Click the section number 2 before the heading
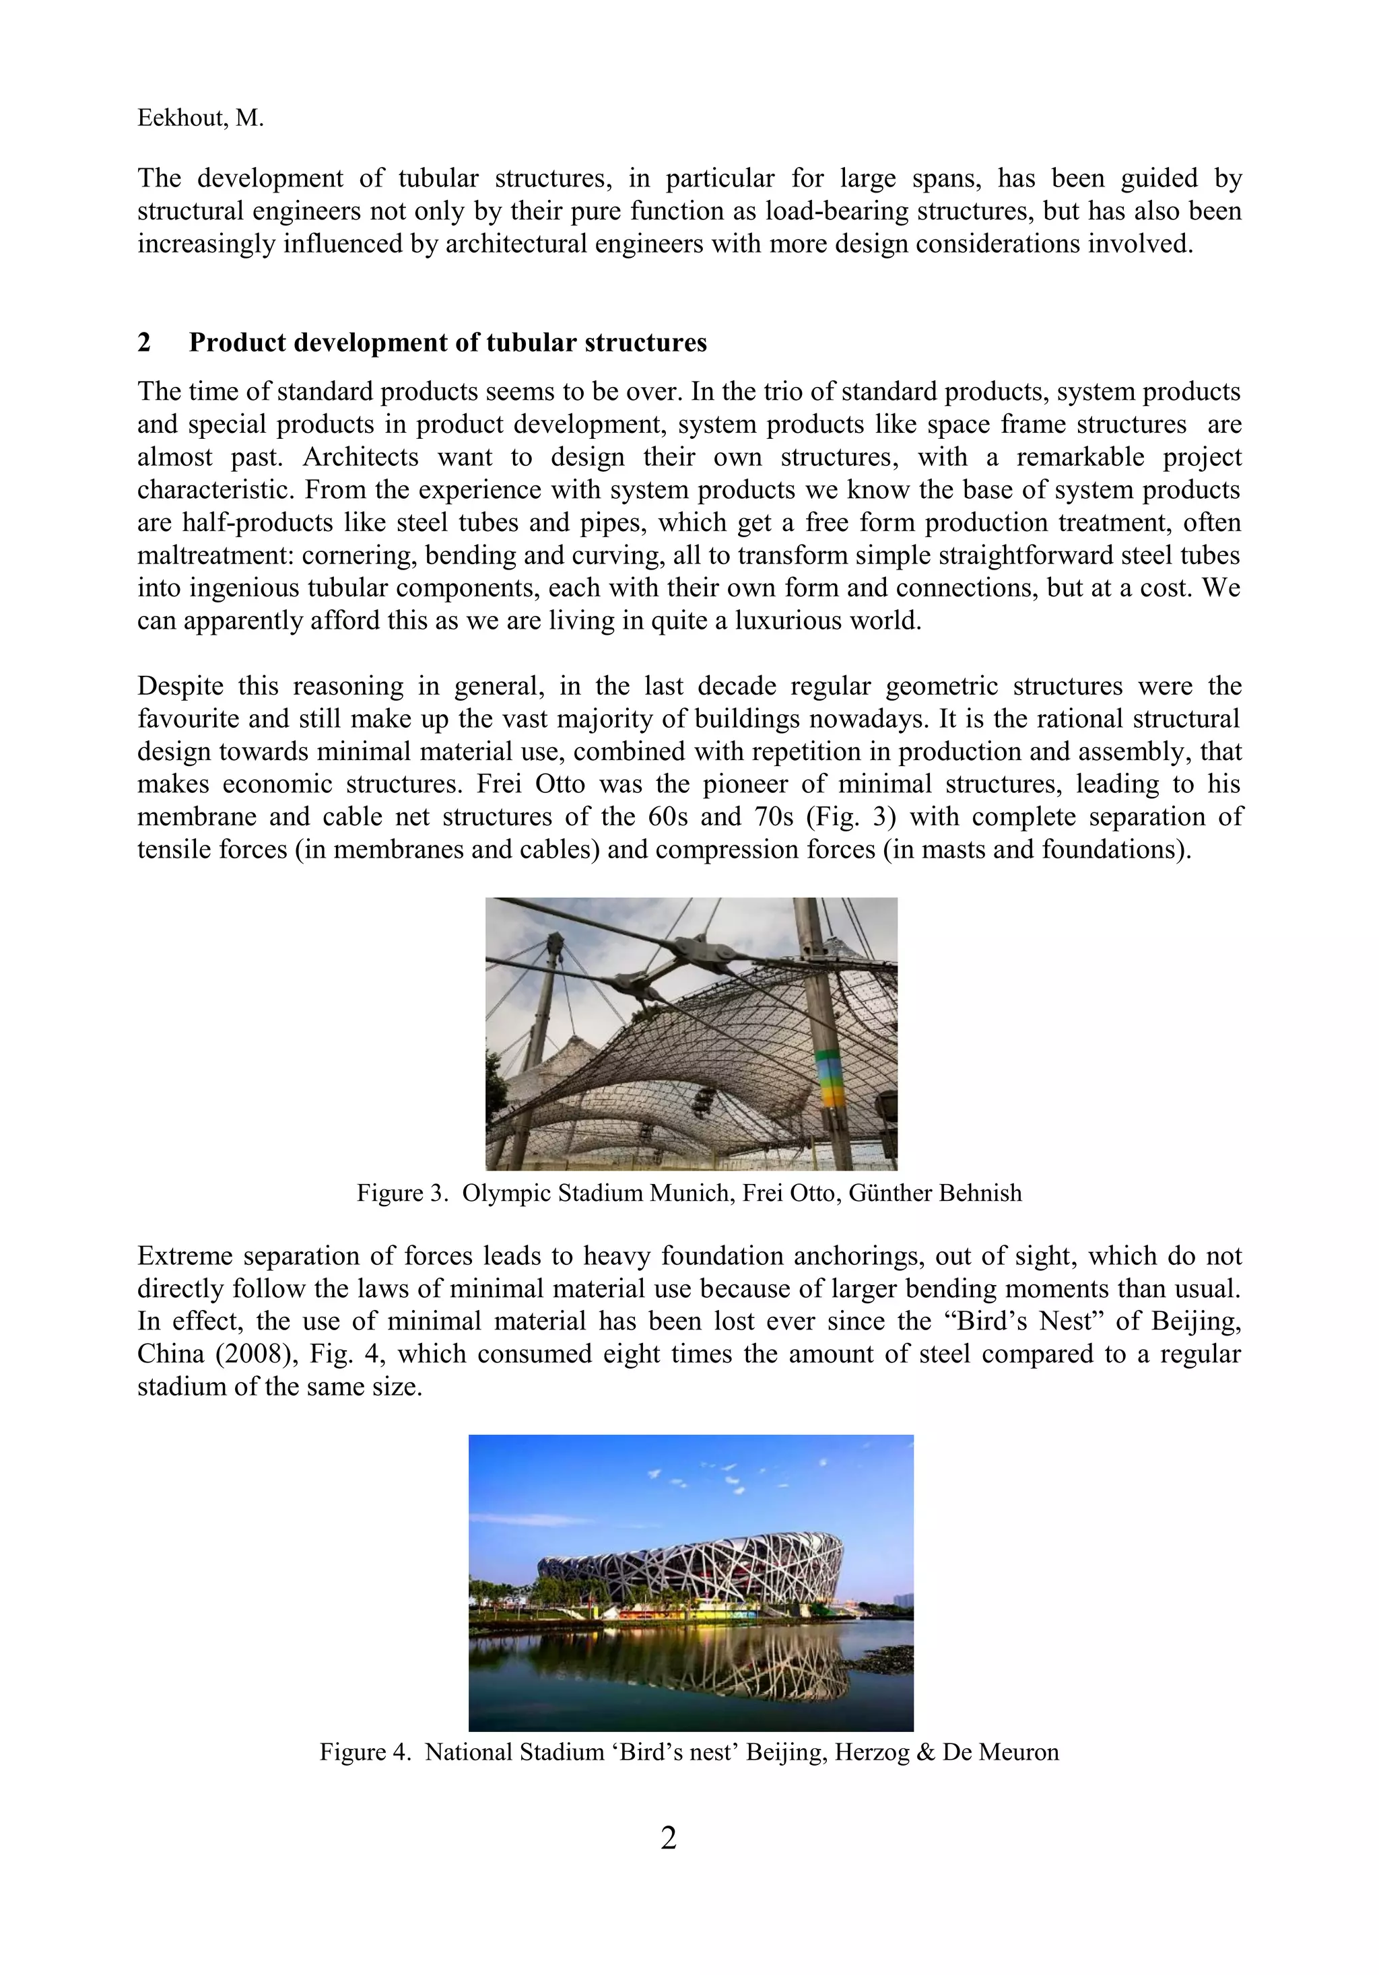point(145,343)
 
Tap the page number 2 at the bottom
point(669,1838)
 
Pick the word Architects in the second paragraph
point(360,457)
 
